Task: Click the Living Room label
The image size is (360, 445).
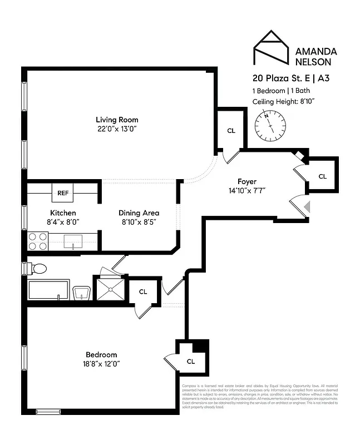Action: point(117,120)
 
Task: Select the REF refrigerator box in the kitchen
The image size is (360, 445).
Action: point(62,193)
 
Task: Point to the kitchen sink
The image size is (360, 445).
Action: point(74,241)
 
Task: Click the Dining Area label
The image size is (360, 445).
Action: point(139,213)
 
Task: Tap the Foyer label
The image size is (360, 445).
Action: point(247,181)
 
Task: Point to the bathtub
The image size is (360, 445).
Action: point(48,290)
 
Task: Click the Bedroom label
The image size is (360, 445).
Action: point(101,355)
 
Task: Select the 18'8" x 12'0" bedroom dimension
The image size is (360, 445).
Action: point(101,364)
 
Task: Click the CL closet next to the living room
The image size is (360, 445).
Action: point(231,131)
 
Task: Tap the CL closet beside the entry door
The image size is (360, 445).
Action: point(323,176)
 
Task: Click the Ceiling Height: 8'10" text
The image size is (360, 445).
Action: point(284,101)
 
